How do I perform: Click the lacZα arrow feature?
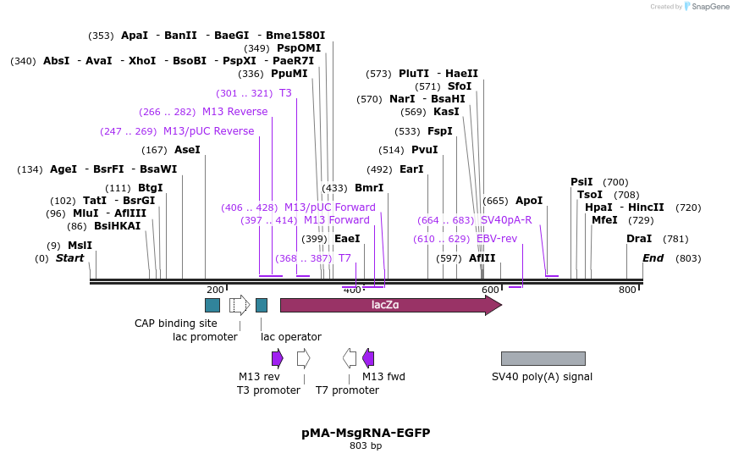391,305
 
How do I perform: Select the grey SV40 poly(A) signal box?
543,358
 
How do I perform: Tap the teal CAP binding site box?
212,305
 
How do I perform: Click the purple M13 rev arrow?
278,358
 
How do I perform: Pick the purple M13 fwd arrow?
368,358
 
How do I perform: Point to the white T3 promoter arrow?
303,358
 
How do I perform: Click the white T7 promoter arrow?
350,358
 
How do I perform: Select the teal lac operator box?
262,305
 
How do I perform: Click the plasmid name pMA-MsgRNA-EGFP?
366,433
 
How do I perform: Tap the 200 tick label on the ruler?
215,290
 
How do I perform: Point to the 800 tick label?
627,290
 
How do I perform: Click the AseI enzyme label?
187,150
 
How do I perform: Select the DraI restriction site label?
639,239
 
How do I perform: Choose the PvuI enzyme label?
424,150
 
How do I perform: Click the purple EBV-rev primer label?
497,239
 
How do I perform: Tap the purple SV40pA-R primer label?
506,220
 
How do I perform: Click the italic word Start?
69,258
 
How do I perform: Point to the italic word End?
653,258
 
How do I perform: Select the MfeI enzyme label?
604,220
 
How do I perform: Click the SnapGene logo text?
710,7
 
